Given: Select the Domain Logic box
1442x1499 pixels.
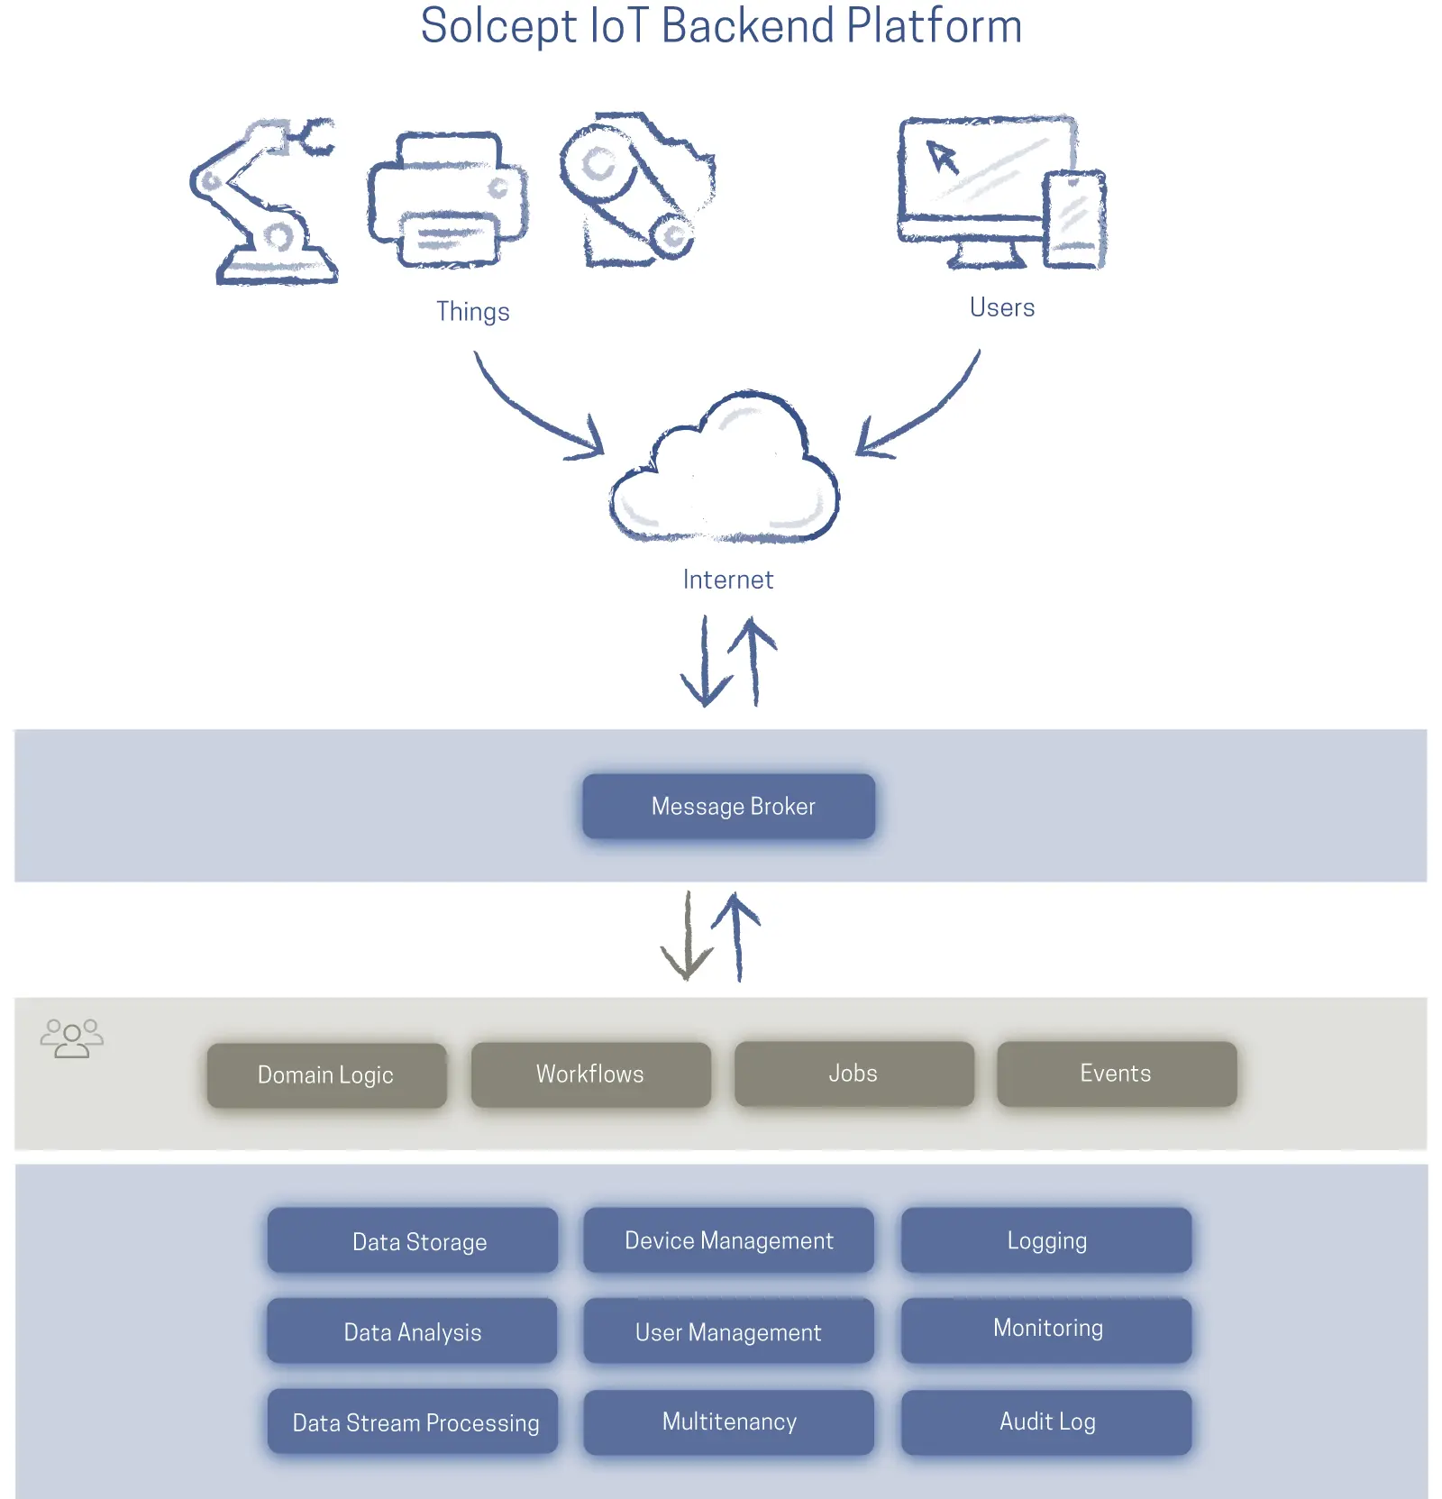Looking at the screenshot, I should click(x=326, y=1074).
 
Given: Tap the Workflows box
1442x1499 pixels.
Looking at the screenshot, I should click(x=590, y=1074).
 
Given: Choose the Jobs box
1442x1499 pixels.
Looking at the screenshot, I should click(x=853, y=1073).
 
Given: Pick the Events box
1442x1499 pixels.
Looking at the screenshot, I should click(x=1116, y=1073).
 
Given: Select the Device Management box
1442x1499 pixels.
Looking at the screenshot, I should click(x=728, y=1240).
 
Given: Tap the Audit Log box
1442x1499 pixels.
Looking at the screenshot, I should click(x=1046, y=1421).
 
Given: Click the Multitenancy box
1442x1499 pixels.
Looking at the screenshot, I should click(x=728, y=1421).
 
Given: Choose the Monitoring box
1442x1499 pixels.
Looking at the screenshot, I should click(x=1046, y=1329).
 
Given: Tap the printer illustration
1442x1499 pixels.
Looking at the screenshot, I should click(x=447, y=200).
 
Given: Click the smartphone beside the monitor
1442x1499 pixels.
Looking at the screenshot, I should click(x=1074, y=219).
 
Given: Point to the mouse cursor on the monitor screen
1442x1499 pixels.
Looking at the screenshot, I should click(x=943, y=157).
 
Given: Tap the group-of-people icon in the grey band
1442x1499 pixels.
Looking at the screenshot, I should click(x=72, y=1038).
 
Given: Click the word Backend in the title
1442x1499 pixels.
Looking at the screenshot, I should click(x=748, y=25).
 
